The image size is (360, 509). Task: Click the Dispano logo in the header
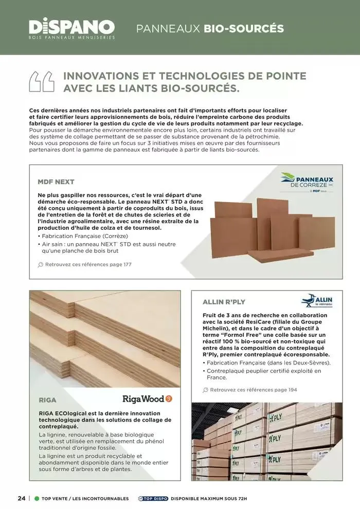pyautogui.click(x=71, y=28)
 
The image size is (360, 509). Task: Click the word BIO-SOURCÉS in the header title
pyautogui.click(x=244, y=28)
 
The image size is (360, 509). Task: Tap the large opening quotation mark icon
pyautogui.click(x=42, y=81)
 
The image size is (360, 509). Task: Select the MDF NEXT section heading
pyautogui.click(x=56, y=182)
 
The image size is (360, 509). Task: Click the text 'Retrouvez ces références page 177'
pyautogui.click(x=88, y=264)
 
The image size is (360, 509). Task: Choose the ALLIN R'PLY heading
pyautogui.click(x=224, y=302)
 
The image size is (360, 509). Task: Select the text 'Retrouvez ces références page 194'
pyautogui.click(x=254, y=390)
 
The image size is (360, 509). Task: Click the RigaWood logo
pyautogui.click(x=147, y=398)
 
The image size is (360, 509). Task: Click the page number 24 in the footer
pyautogui.click(x=21, y=498)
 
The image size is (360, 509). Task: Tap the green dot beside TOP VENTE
pyautogui.click(x=37, y=499)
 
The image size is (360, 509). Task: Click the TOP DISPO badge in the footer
pyautogui.click(x=153, y=499)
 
